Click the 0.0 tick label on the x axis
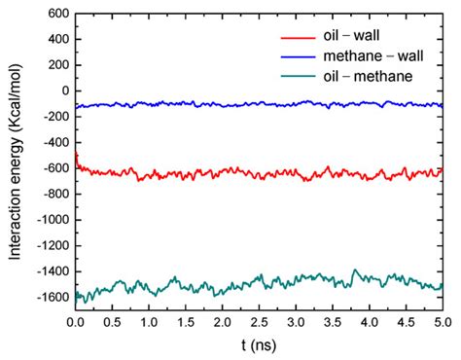click(x=75, y=321)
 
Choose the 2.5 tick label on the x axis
click(x=259, y=321)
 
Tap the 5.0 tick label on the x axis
click(x=443, y=321)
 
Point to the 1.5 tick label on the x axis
click(x=185, y=321)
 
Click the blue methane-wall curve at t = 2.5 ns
click(x=259, y=104)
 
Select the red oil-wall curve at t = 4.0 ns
click(x=369, y=174)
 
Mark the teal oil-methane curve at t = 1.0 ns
click(x=149, y=289)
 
